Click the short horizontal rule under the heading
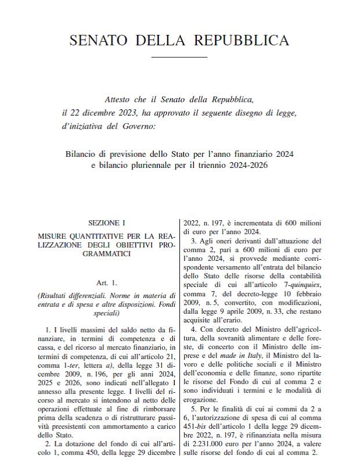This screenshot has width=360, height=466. point(179,57)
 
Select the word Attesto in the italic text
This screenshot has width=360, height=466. point(118,99)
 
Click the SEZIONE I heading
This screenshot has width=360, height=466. point(106,223)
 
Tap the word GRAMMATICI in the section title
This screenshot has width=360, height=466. point(106,254)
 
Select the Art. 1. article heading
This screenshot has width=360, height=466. point(106,283)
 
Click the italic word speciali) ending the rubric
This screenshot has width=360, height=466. point(106,313)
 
